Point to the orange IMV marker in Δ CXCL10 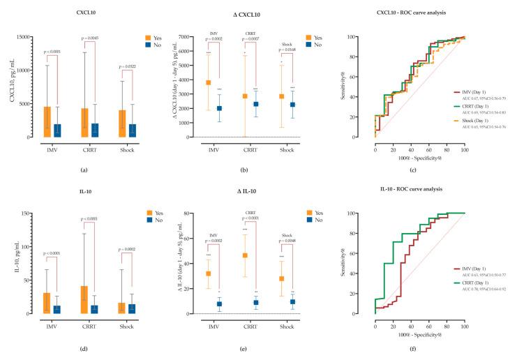208,83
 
